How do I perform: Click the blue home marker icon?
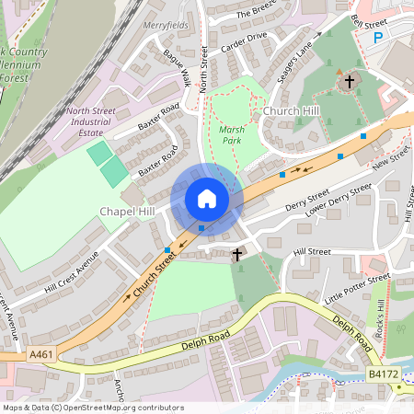[x=207, y=199]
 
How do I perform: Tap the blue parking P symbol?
[x=377, y=38]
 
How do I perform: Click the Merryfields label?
[x=167, y=28]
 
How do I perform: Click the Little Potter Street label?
[x=354, y=290]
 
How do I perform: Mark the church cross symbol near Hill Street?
[x=237, y=253]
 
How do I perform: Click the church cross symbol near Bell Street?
[x=349, y=83]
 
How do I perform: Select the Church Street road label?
[x=154, y=274]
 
